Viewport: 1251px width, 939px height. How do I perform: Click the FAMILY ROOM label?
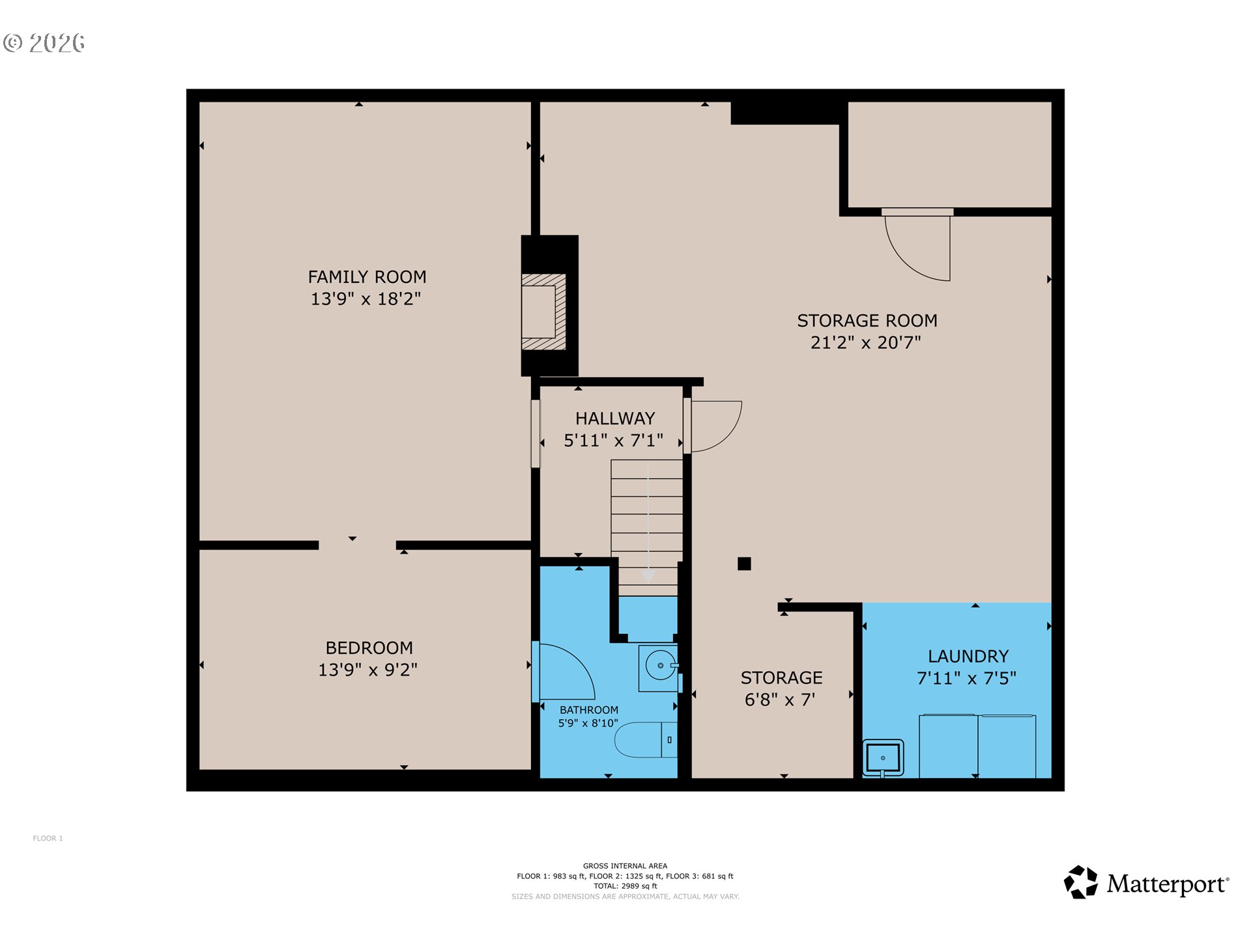coord(367,277)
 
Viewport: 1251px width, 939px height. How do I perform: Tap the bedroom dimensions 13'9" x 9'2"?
coord(367,670)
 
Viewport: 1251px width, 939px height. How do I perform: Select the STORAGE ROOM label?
coord(867,321)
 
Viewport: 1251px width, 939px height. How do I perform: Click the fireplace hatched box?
coord(543,312)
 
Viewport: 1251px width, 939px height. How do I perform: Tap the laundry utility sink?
coord(883,758)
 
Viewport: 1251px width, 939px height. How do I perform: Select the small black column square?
coord(744,564)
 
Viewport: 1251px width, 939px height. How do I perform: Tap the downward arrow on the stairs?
coord(648,574)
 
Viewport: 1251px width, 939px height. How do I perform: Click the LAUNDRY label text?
coord(968,656)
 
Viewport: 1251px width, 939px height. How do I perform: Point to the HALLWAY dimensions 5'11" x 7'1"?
coord(613,441)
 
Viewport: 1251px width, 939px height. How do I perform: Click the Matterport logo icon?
coord(1081,883)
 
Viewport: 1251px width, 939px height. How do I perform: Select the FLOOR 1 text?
coord(48,839)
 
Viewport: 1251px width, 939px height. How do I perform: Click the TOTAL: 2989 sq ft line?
coord(625,886)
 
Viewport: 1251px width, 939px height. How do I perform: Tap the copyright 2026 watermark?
coord(44,43)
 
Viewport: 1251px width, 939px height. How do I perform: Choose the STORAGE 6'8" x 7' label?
coord(781,688)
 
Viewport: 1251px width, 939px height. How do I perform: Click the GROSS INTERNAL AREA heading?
coord(625,866)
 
